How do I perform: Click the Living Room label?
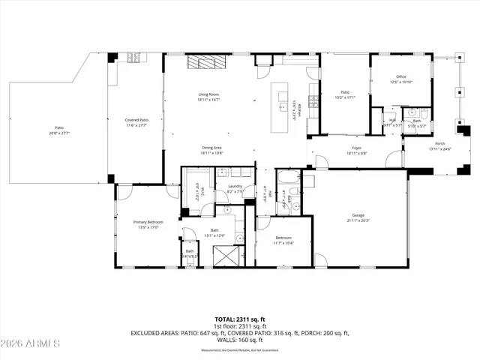coord(208,94)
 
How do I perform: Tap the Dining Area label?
coord(211,148)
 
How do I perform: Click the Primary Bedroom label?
coord(148,222)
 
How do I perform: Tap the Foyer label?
coord(356,148)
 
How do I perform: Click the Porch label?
coord(440,143)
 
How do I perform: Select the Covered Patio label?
coord(136,120)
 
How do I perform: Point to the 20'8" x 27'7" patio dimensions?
coord(58,133)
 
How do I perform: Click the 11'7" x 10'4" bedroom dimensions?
coord(283,242)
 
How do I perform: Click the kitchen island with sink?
coord(283,97)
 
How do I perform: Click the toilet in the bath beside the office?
coord(422,114)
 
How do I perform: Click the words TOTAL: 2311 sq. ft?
coord(239,319)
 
